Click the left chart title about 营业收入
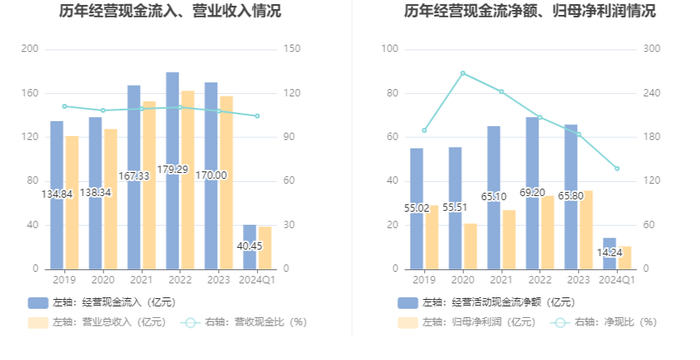tap(170, 11)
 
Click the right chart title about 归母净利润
tap(530, 11)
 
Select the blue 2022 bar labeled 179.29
tap(172, 171)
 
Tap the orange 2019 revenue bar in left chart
tap(72, 203)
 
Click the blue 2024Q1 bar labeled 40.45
tap(250, 247)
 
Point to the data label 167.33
tap(134, 176)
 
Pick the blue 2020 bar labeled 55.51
tap(455, 208)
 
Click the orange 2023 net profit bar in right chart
tap(586, 230)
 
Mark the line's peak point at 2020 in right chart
tap(463, 73)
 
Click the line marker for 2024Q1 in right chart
tap(617, 169)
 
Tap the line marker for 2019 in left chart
tap(64, 106)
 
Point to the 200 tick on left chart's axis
tap(30, 49)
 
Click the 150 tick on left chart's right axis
tap(292, 49)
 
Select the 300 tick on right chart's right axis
tap(652, 49)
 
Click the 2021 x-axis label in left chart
tap(141, 280)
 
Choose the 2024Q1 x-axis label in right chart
tap(617, 280)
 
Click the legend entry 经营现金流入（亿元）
tap(102, 302)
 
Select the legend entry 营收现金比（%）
tap(244, 322)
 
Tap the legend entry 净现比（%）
tap(604, 322)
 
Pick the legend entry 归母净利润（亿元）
tap(467, 322)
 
